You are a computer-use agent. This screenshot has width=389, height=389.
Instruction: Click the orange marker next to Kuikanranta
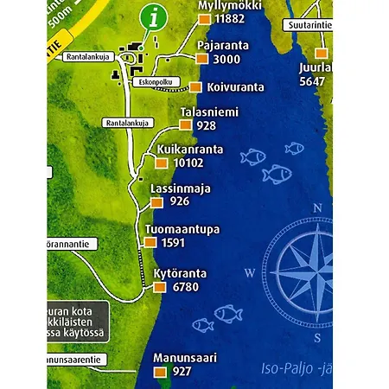[x=162, y=163]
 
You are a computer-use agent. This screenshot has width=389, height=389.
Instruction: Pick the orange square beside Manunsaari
[x=159, y=372]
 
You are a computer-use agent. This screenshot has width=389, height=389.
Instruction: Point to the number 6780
[x=186, y=287]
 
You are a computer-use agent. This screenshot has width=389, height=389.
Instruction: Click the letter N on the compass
[x=318, y=207]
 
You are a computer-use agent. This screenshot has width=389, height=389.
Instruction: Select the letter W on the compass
[x=250, y=273]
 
